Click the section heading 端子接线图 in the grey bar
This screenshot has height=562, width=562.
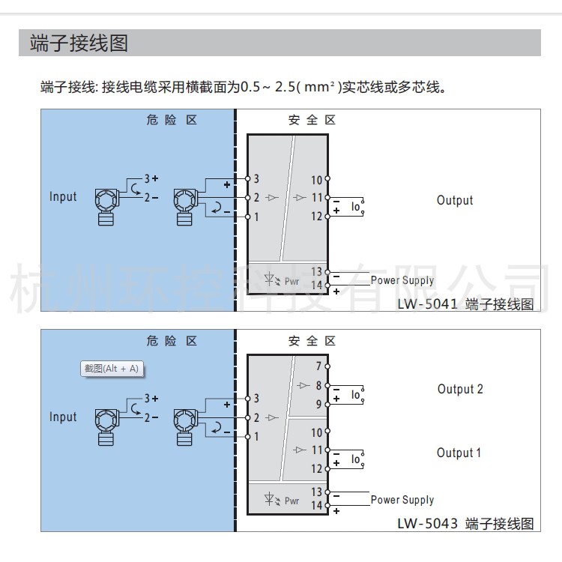tap(79, 43)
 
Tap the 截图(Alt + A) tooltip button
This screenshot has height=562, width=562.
tap(111, 369)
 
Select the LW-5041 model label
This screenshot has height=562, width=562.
tap(429, 304)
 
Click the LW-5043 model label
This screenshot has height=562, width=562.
tap(429, 523)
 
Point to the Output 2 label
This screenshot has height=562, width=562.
tap(460, 389)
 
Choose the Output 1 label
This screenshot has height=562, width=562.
tap(459, 453)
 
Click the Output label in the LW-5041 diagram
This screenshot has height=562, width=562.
tap(455, 200)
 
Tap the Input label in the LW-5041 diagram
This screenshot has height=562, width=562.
tap(63, 197)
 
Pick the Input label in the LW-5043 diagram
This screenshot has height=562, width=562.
tap(63, 417)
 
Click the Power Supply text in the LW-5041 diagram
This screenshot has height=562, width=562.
tap(402, 280)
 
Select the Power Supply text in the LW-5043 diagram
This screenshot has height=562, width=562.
tap(402, 500)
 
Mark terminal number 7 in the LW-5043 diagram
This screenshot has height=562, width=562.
tap(318, 366)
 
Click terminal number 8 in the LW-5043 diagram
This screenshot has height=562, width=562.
tap(318, 385)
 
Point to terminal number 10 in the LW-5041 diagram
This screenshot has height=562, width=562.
tap(316, 180)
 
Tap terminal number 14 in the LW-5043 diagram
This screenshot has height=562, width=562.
tap(316, 506)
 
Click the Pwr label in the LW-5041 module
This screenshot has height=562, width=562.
tap(291, 282)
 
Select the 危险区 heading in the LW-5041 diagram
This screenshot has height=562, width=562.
tap(172, 120)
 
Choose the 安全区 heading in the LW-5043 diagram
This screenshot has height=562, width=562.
tap(312, 341)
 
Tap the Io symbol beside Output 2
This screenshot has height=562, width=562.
tap(356, 394)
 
